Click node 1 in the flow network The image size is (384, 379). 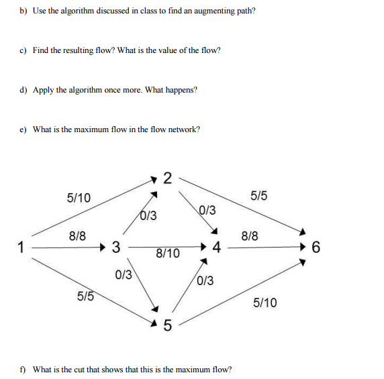(21, 247)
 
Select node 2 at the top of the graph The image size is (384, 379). (167, 178)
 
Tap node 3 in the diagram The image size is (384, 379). (115, 248)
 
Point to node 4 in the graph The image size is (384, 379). (216, 248)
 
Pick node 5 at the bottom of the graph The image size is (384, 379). (167, 327)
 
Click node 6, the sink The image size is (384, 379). (316, 248)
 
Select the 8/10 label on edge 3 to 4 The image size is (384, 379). (167, 254)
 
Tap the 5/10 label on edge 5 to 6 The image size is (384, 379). (265, 303)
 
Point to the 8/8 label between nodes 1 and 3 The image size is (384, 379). (77, 235)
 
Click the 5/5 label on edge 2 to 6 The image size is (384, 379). (258, 196)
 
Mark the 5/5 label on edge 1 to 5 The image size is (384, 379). (85, 296)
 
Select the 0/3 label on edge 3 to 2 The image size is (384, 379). (148, 215)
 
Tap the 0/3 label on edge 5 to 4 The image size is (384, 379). (205, 280)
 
